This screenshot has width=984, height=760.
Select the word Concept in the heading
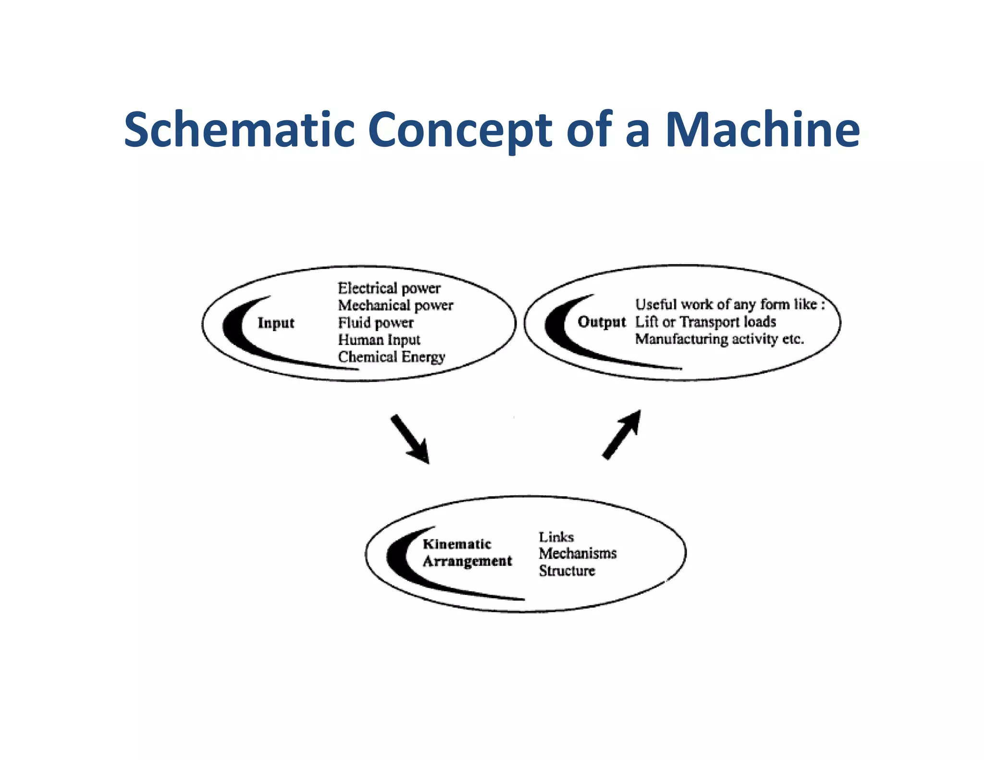click(459, 131)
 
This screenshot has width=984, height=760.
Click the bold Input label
click(276, 323)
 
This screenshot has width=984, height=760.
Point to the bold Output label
click(602, 322)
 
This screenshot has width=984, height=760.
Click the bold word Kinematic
click(457, 544)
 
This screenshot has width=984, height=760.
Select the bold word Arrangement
click(467, 561)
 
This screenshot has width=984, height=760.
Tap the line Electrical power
click(389, 288)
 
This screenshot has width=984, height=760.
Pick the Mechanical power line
click(395, 306)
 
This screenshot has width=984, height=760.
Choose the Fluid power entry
click(376, 323)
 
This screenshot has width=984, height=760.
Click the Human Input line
click(379, 340)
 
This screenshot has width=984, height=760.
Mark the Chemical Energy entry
click(392, 357)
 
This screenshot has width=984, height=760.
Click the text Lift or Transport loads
click(705, 322)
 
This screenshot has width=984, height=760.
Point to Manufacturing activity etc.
click(719, 339)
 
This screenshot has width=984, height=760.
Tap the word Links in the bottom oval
click(556, 537)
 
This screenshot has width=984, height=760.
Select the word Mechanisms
click(578, 553)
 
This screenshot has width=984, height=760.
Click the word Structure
click(567, 571)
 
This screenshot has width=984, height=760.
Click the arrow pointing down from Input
click(410, 439)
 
